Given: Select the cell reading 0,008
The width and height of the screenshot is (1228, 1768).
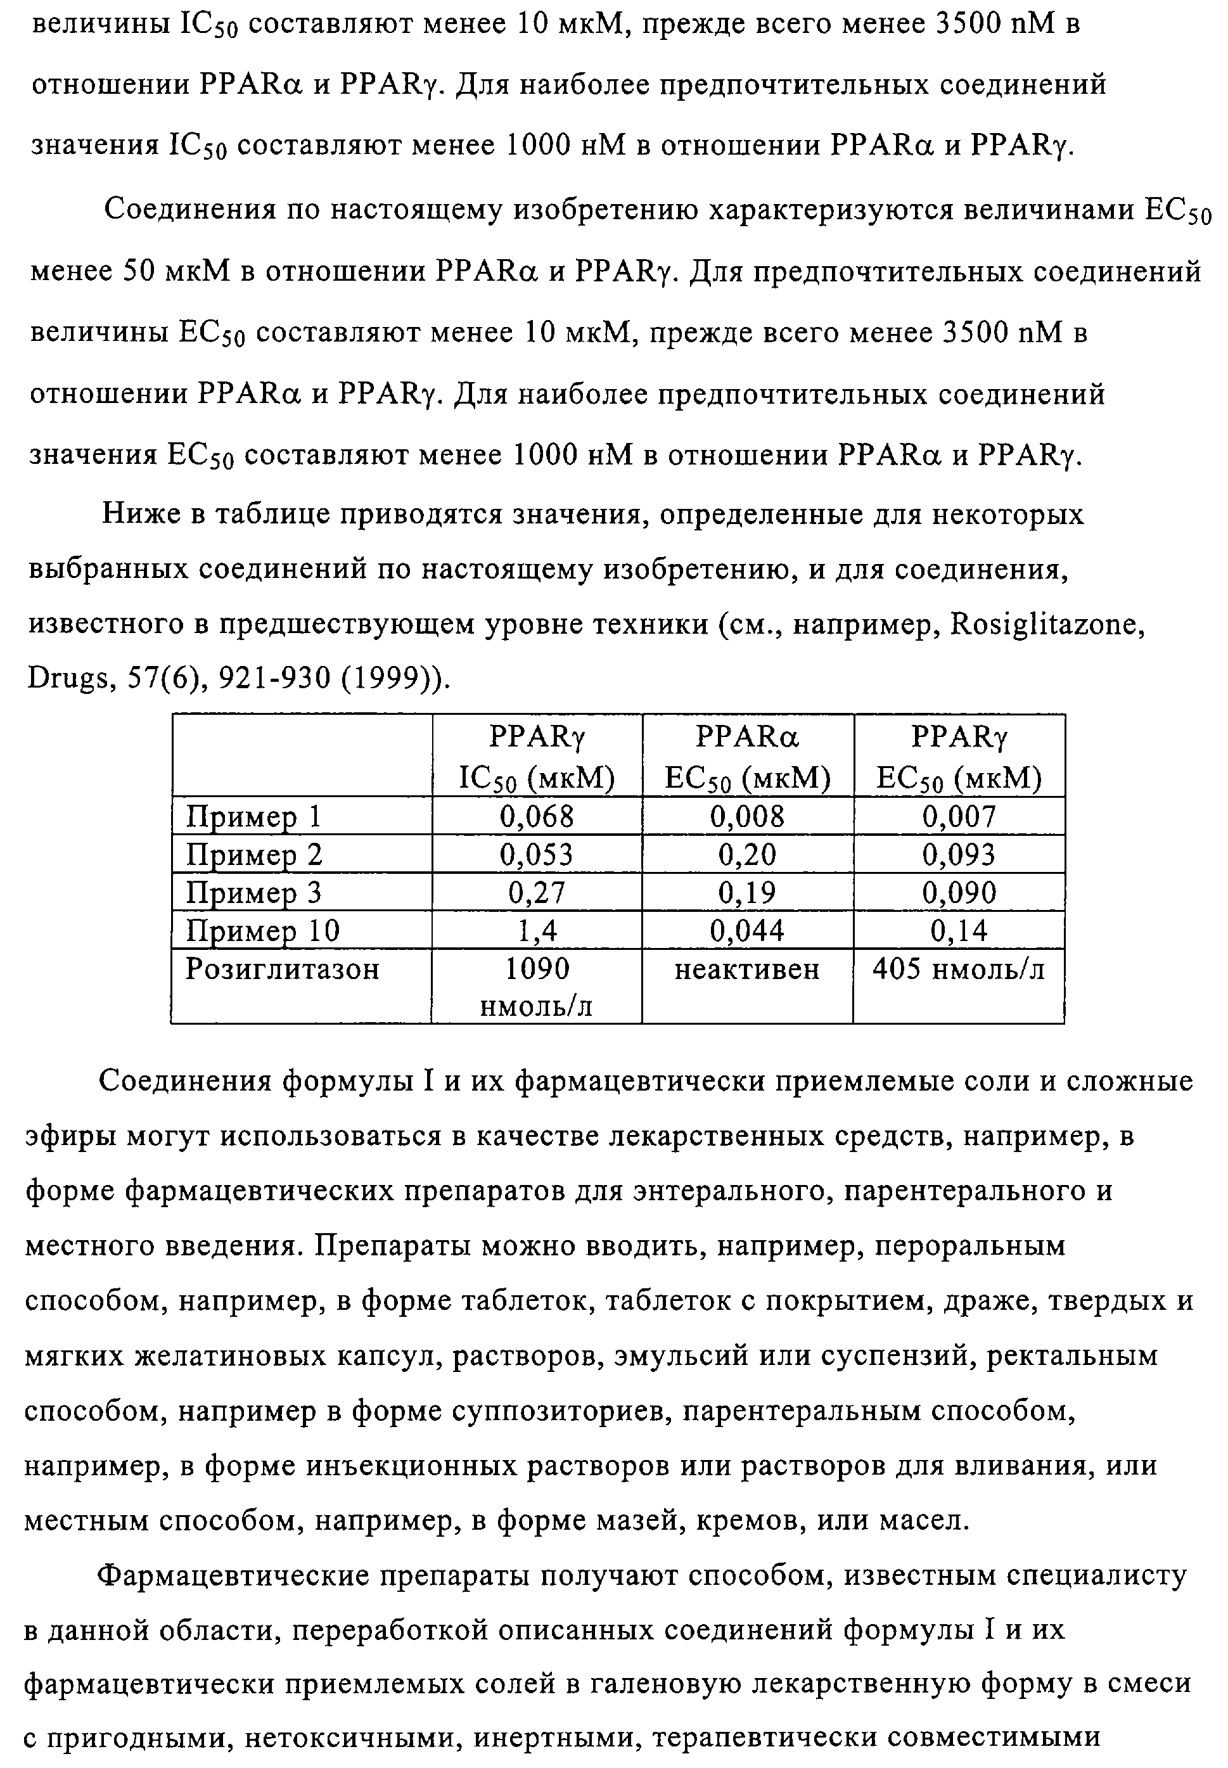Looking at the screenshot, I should click(x=747, y=816).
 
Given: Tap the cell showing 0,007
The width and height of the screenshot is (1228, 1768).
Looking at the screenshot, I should click(x=959, y=816).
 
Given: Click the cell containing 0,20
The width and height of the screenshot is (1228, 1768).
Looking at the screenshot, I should click(x=747, y=855).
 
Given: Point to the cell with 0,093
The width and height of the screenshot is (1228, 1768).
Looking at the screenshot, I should click(x=959, y=855).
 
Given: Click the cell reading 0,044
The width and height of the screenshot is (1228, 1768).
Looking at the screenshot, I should click(x=747, y=931).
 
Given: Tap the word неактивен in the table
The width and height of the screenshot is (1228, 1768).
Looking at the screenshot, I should click(x=747, y=970).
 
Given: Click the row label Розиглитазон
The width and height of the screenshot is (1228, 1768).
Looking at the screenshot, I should click(x=283, y=970).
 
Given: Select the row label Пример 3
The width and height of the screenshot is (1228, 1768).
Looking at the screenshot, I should click(x=254, y=892).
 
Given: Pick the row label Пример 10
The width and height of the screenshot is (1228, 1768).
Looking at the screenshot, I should click(x=262, y=931).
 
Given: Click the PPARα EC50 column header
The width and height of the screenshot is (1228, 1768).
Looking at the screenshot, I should click(x=747, y=758).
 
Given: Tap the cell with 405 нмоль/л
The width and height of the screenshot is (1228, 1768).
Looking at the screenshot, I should click(x=959, y=970).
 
